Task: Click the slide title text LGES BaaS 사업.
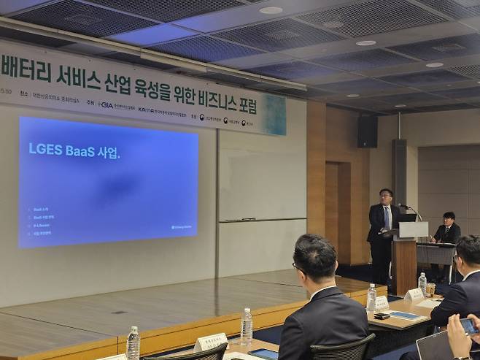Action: click(x=74, y=150)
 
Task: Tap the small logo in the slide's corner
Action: click(x=181, y=227)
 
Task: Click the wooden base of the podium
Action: click(x=403, y=267)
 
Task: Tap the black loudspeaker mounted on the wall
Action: click(x=368, y=131)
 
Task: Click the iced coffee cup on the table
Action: click(x=431, y=290)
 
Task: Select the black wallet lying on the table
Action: click(x=381, y=316)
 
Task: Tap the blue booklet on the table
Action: click(x=406, y=315)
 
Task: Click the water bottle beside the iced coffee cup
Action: click(x=422, y=283)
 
